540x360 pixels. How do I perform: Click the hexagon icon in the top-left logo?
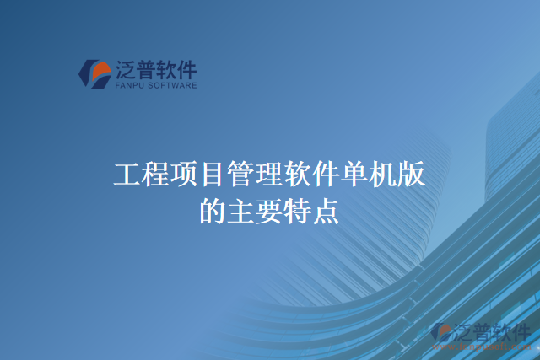tap(94, 73)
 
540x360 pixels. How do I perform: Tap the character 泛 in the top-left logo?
tap(124, 69)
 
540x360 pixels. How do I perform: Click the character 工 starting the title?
tap(127, 175)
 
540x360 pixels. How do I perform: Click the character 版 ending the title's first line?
tap(412, 175)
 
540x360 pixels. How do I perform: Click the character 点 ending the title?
tap(327, 210)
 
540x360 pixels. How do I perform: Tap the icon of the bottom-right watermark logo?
tap(440, 333)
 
